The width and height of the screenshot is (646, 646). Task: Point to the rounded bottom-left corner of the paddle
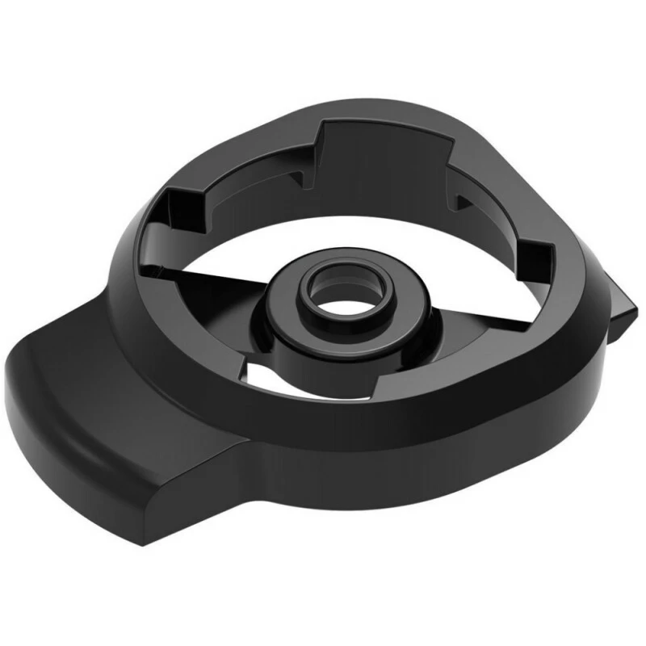click(20, 404)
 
